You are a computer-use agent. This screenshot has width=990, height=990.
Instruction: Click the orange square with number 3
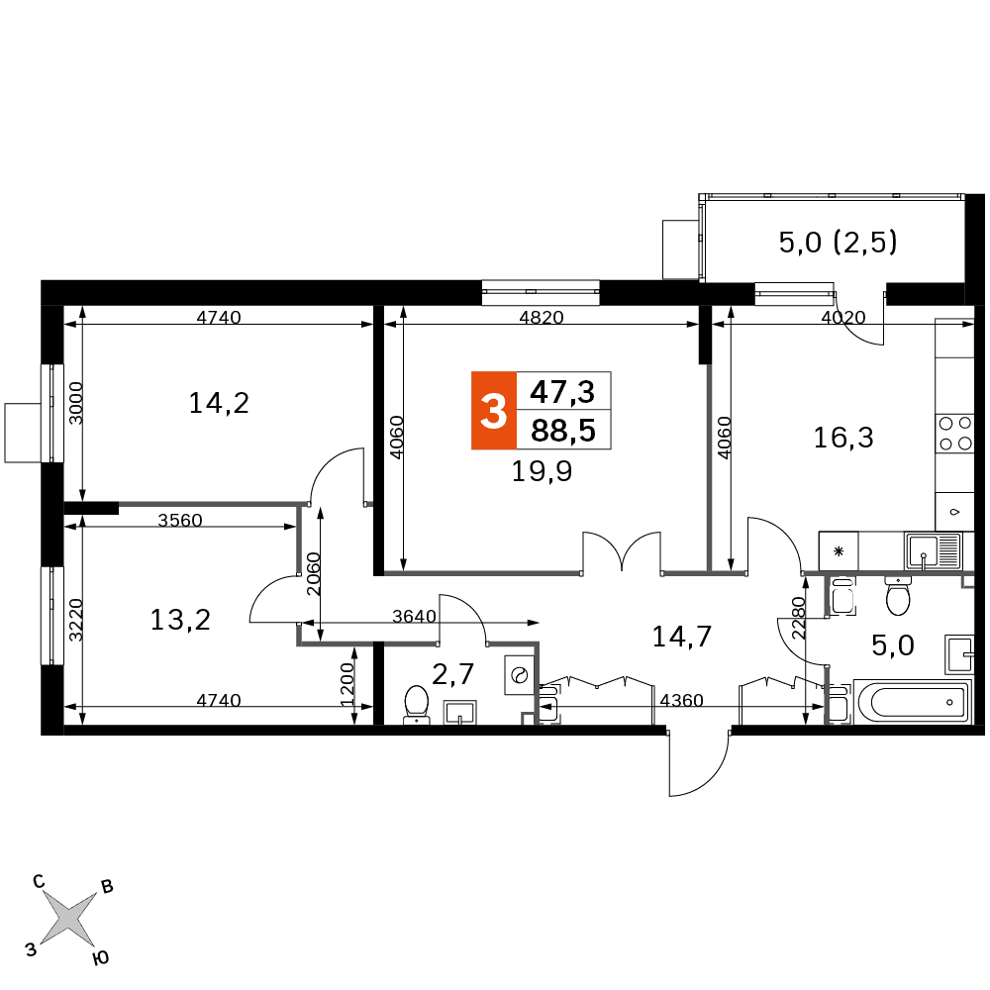click(494, 411)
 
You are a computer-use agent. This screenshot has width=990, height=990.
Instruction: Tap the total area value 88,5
click(563, 431)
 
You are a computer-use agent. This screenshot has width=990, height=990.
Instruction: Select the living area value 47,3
click(562, 392)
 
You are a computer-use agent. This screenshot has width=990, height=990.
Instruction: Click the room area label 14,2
click(219, 403)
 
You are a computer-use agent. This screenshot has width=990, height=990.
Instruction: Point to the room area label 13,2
click(180, 620)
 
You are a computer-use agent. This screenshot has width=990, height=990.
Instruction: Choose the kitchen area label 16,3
click(842, 438)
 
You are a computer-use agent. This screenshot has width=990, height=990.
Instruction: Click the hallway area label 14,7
click(682, 637)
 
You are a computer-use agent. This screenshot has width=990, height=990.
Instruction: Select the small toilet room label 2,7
click(452, 674)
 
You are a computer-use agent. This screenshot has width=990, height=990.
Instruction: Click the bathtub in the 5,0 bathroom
click(912, 702)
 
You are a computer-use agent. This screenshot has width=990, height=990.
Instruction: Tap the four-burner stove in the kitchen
click(954, 434)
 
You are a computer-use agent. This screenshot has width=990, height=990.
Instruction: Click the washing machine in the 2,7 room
click(520, 675)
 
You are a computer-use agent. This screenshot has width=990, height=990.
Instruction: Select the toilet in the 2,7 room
click(417, 705)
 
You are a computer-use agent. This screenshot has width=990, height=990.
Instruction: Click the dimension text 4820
click(542, 317)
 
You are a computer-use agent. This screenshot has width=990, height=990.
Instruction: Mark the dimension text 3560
click(180, 520)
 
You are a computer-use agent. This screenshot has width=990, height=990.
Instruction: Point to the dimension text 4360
click(681, 700)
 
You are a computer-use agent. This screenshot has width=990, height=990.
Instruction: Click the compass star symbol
click(69, 920)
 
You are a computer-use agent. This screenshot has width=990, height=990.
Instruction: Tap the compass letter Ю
click(100, 957)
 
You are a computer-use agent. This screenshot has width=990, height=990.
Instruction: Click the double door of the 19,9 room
click(622, 551)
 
